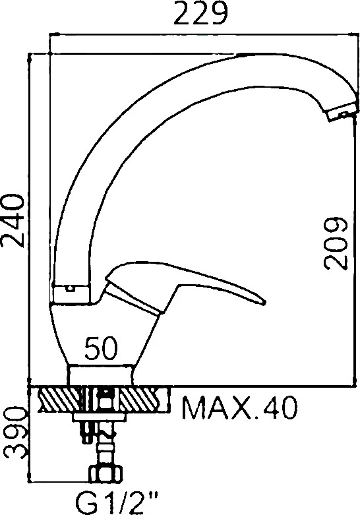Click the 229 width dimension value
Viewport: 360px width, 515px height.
tap(200, 13)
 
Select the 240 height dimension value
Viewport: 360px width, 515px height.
tap(13, 221)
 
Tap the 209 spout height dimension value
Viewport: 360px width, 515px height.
tap(336, 243)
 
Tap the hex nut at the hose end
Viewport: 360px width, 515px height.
tap(107, 474)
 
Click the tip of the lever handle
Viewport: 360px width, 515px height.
tap(265, 303)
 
